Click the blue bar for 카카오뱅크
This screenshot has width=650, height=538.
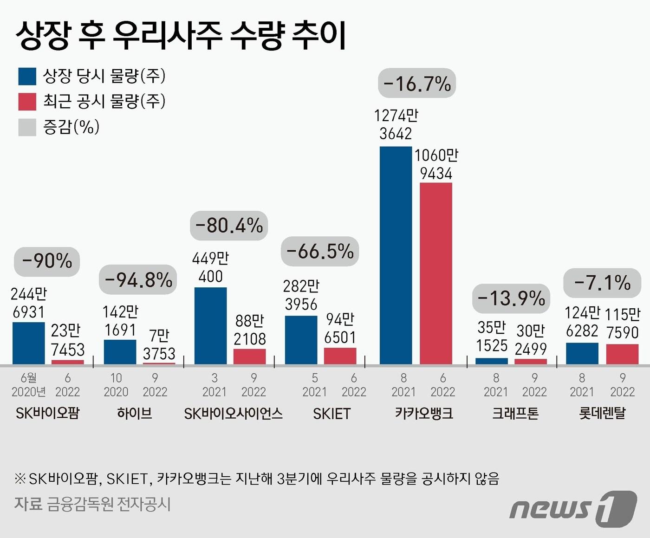coord(396,255)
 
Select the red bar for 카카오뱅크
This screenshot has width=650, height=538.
coord(435,273)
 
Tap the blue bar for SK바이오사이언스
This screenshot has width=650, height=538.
coord(210,325)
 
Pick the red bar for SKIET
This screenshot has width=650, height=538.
coord(340,356)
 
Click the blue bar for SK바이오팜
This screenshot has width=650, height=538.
coord(29,343)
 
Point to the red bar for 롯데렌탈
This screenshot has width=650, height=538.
coord(622,354)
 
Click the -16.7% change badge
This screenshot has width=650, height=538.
coord(417,84)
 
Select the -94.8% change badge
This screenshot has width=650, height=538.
coord(138,279)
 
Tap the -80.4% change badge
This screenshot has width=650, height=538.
coord(229,226)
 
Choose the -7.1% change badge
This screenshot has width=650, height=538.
coord(602,283)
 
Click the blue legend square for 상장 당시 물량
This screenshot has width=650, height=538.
coord(27,76)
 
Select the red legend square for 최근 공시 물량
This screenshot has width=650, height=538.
coord(27,102)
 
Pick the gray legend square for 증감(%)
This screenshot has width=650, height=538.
coord(27,127)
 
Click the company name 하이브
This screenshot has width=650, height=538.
coord(134,413)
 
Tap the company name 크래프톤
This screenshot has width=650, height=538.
coord(515,413)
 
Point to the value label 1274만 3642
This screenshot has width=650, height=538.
coord(396,124)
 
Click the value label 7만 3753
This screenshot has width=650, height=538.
coord(159,344)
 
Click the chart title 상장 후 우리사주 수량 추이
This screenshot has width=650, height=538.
coord(181,35)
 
